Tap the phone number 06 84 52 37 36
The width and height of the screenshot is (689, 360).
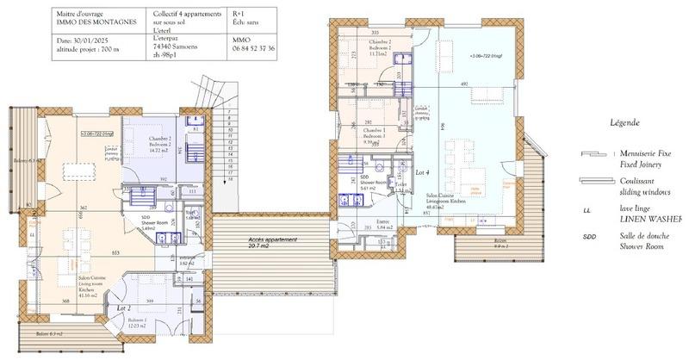[x=254, y=49]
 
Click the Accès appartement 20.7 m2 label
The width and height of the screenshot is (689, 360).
[x=272, y=243]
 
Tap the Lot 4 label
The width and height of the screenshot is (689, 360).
[x=421, y=173]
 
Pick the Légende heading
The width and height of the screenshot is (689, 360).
[x=625, y=122]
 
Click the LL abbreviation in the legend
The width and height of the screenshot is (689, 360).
[x=586, y=208]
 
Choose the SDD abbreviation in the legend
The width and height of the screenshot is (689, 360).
[x=588, y=237]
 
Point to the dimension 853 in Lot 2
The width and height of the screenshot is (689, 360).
[x=115, y=252]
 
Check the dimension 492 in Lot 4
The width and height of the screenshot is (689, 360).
[x=462, y=84]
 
